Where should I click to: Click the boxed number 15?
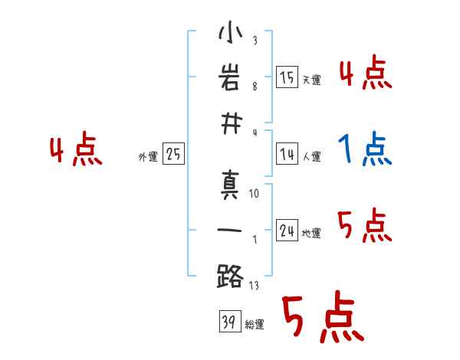[287, 77]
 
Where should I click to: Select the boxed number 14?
[287, 154]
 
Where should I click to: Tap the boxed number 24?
[287, 231]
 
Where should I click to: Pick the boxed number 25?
[173, 154]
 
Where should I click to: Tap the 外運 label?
[147, 157]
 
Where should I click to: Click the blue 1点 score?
[365, 149]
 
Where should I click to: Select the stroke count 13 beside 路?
[254, 285]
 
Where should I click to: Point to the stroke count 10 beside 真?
[254, 195]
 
